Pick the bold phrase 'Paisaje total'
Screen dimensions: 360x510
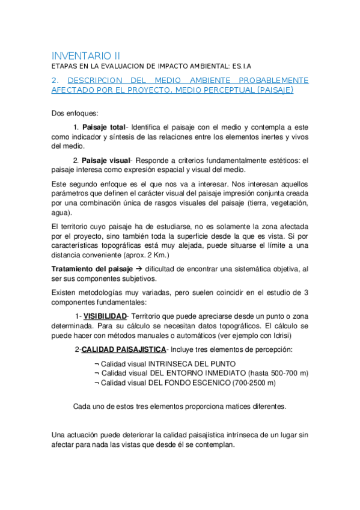pyautogui.click(x=103, y=127)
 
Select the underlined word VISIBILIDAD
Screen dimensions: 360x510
pyautogui.click(x=105, y=316)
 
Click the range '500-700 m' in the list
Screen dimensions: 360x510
pyautogui.click(x=286, y=373)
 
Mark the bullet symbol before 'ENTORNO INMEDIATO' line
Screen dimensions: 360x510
pyautogui.click(x=97, y=373)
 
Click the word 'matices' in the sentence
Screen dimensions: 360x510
pyautogui.click(x=224, y=406)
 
